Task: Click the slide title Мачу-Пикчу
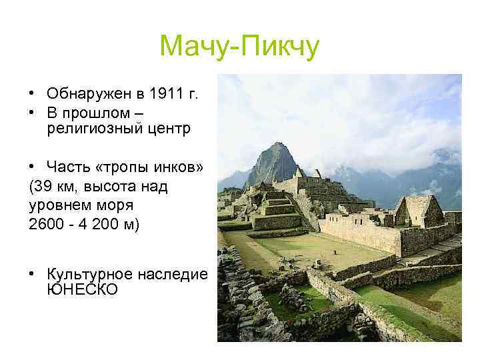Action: coord(239,47)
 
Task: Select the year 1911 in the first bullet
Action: coord(167,93)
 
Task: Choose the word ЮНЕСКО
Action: coord(83,290)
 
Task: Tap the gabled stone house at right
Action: coord(417,212)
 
